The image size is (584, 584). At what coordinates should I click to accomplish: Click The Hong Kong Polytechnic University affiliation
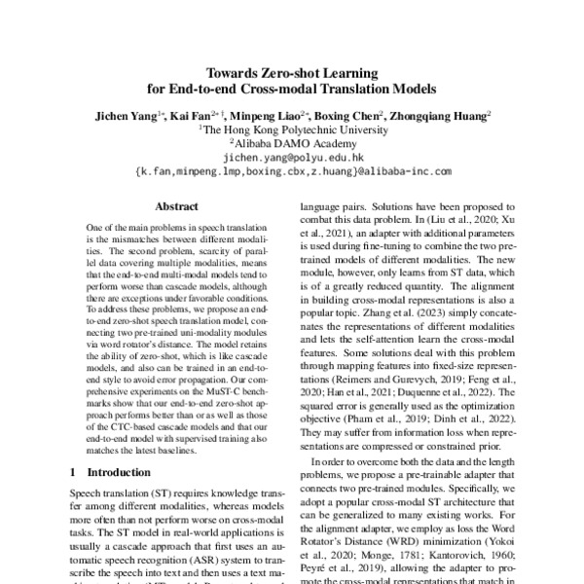coord(293,128)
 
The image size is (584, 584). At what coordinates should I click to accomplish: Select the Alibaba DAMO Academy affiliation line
coord(293,141)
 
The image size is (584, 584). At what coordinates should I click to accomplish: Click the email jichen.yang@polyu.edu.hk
coord(293,156)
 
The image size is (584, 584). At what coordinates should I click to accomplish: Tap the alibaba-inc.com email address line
coord(293,169)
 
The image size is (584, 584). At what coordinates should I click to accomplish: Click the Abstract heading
coord(176,206)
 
